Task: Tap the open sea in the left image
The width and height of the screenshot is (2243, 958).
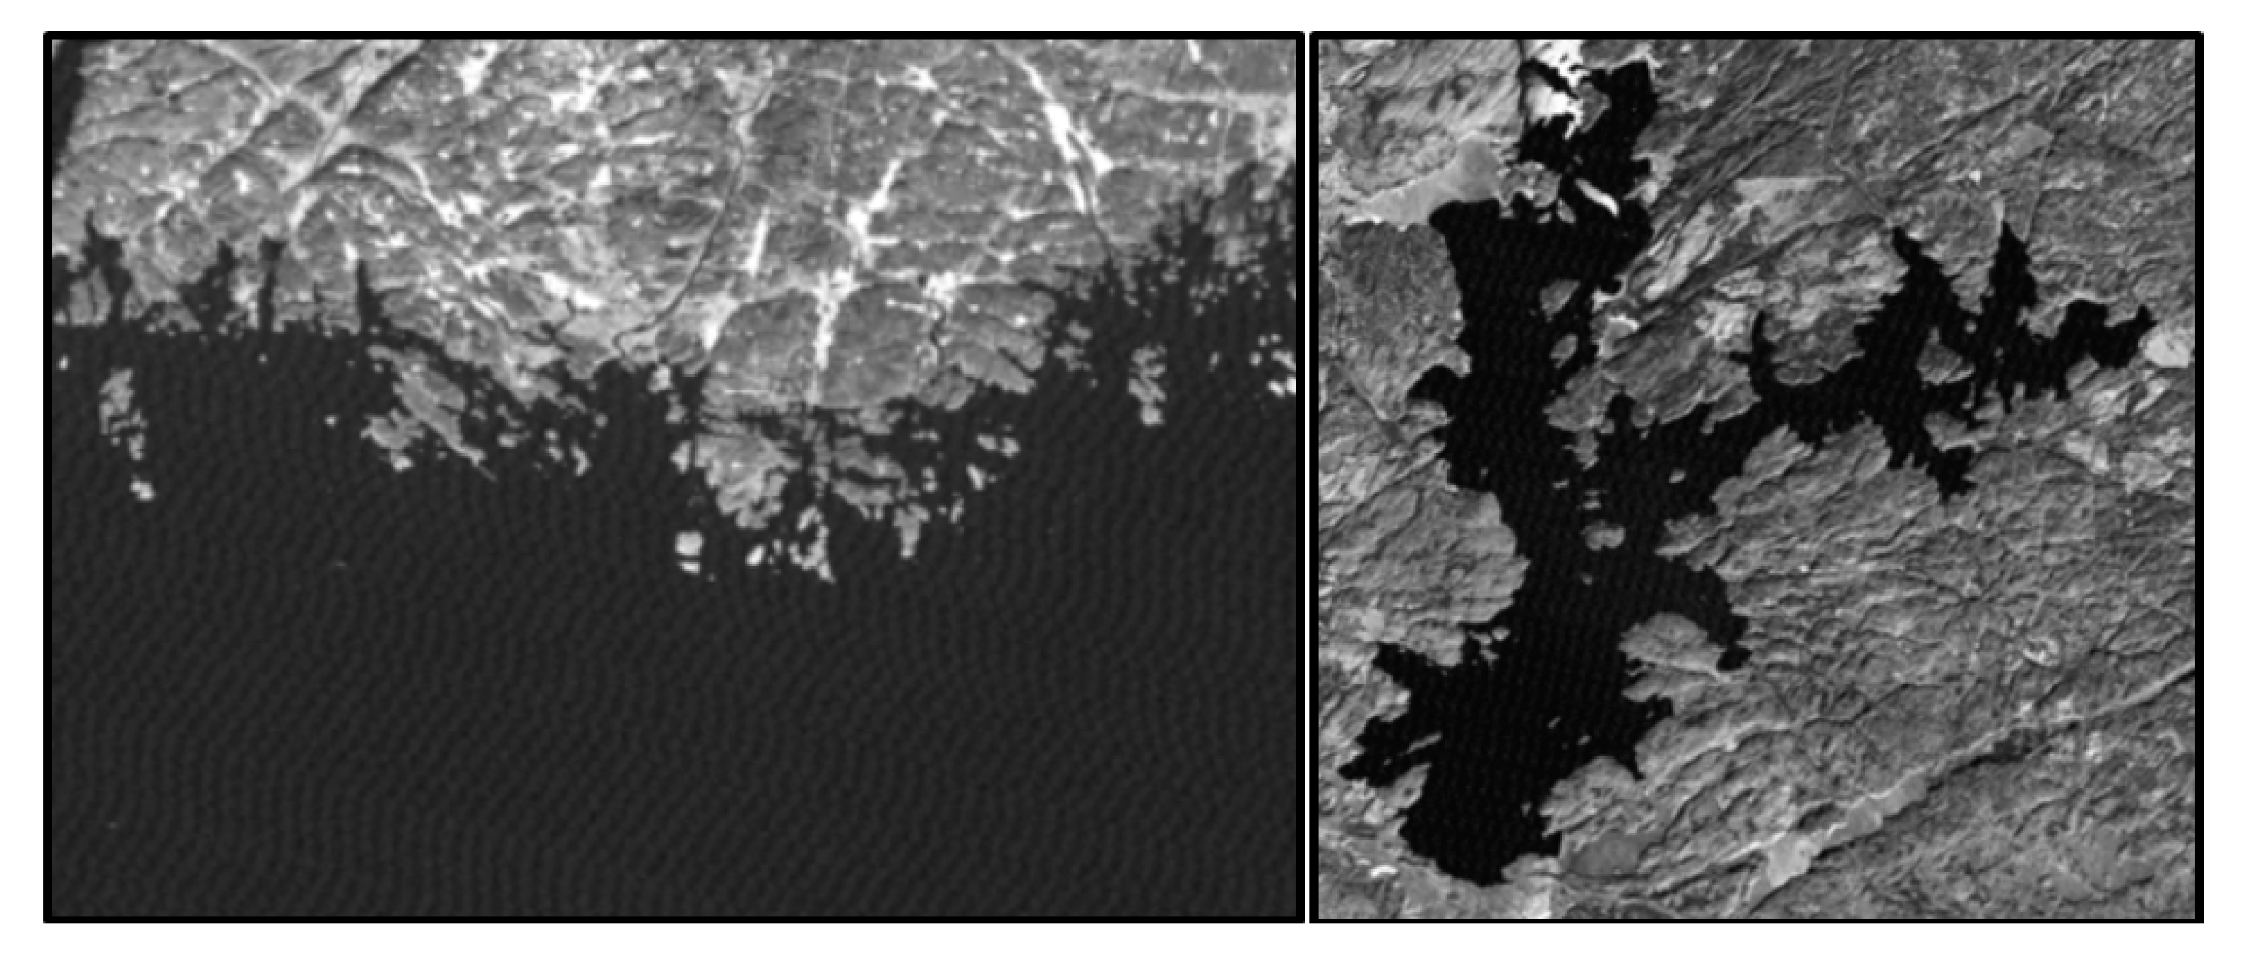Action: click(x=610, y=740)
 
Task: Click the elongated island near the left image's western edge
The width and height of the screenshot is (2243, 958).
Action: click(x=122, y=409)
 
